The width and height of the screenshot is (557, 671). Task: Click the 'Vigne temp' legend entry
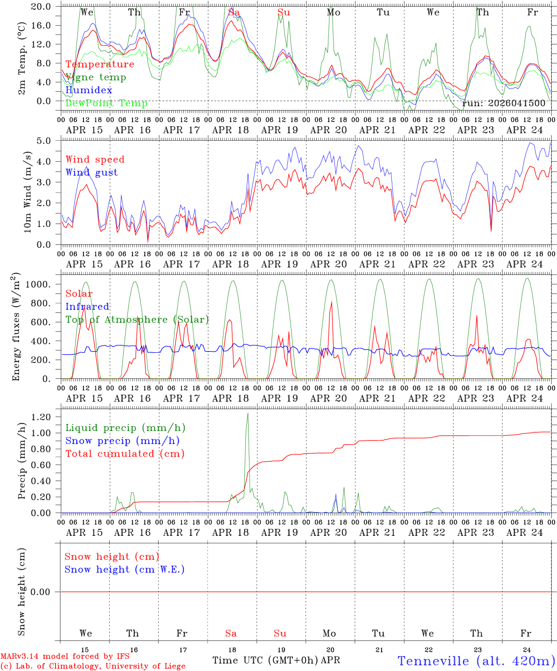pyautogui.click(x=96, y=77)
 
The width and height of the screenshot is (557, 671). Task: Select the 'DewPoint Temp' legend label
pyautogui.click(x=106, y=103)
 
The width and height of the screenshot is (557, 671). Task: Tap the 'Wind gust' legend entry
pyautogui.click(x=91, y=172)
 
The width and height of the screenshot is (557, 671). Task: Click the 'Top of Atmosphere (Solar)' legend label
pyautogui.click(x=137, y=320)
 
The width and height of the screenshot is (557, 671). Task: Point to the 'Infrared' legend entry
pyautogui.click(x=87, y=307)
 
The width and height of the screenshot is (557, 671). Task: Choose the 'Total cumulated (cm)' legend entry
pyautogui.click(x=125, y=454)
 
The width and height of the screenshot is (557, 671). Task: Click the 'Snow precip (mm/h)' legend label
pyautogui.click(x=122, y=441)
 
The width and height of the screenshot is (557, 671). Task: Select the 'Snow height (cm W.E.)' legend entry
pyautogui.click(x=124, y=569)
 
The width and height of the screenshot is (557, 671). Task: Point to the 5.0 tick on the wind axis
pyautogui.click(x=47, y=141)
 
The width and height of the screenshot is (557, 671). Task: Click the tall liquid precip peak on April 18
pyautogui.click(x=248, y=414)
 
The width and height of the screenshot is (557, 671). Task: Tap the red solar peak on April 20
pyautogui.click(x=331, y=302)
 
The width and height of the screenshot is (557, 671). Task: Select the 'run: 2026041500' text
pyautogui.click(x=503, y=103)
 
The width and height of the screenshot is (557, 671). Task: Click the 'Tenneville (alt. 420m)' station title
pyautogui.click(x=476, y=661)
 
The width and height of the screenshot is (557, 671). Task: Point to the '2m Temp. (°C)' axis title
pyautogui.click(x=21, y=65)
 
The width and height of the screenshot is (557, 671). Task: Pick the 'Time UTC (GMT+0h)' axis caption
pyautogui.click(x=265, y=660)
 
